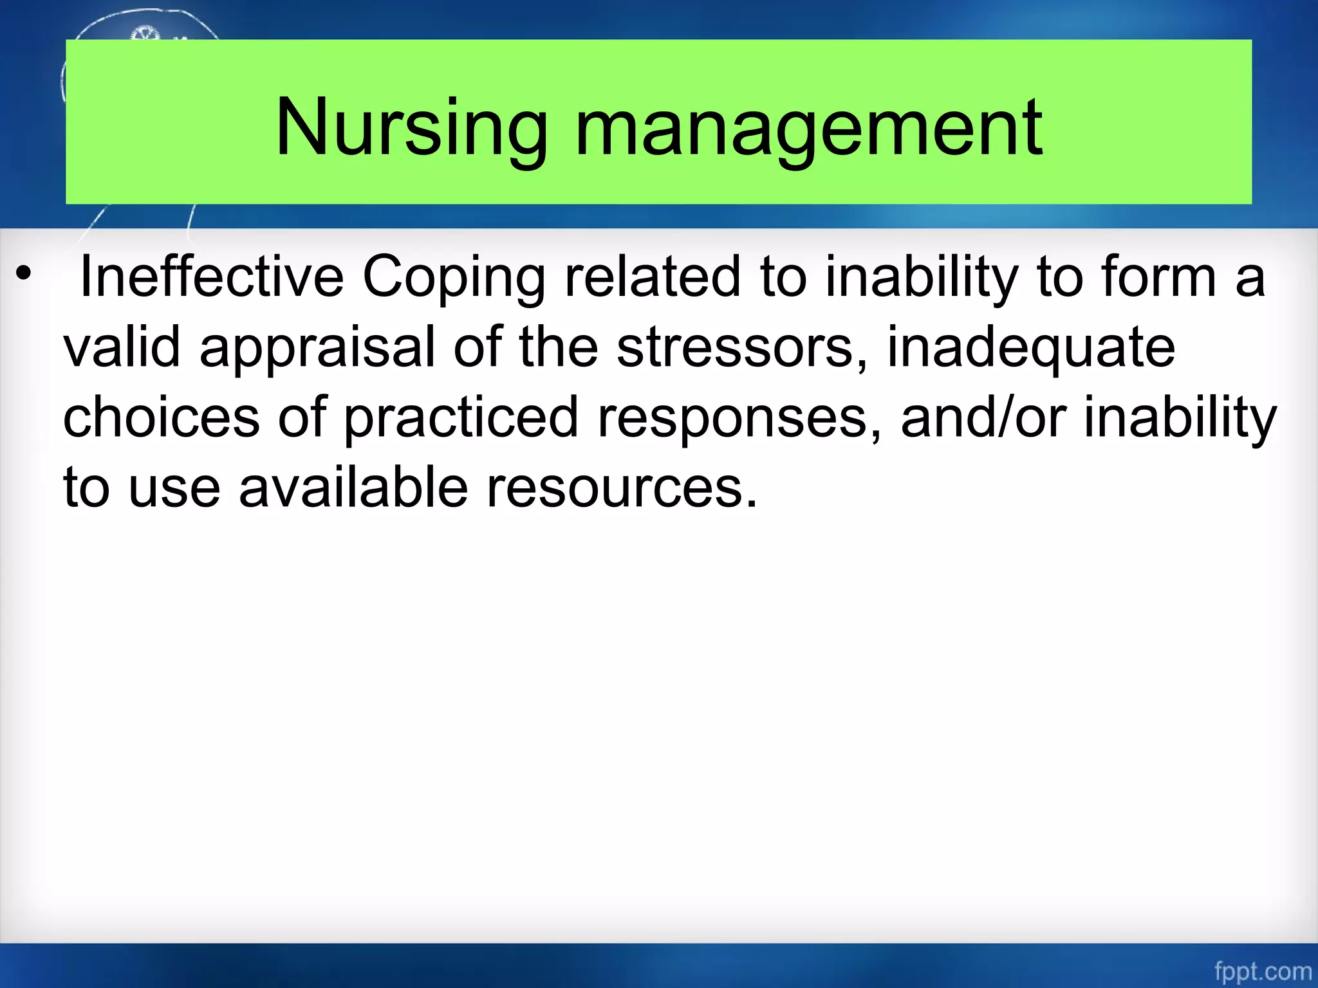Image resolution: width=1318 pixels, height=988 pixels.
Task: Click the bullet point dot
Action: point(24,275)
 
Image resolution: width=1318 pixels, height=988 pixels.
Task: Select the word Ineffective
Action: point(212,277)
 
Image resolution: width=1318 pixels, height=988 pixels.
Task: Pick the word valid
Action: point(122,347)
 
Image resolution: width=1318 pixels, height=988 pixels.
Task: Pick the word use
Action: point(174,488)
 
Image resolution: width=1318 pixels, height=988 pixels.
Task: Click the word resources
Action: point(622,488)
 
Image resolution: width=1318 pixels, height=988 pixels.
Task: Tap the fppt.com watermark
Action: point(1263,971)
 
